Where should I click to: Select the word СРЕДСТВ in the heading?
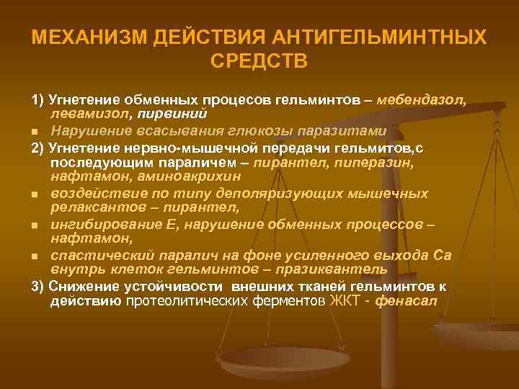(x=259, y=61)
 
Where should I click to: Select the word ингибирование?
(x=97, y=224)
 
